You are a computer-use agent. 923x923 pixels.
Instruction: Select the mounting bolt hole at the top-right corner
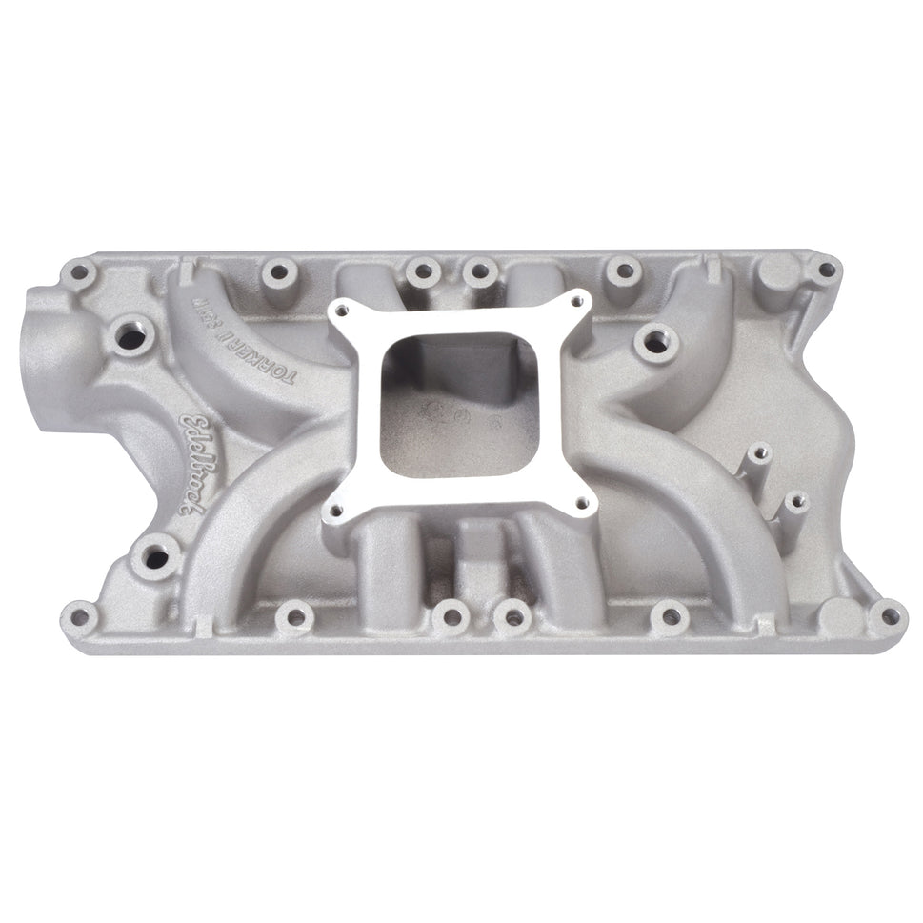[x=825, y=271]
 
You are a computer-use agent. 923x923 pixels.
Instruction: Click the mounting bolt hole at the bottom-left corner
[x=82, y=615]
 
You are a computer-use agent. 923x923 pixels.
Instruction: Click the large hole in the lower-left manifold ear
[x=155, y=554]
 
